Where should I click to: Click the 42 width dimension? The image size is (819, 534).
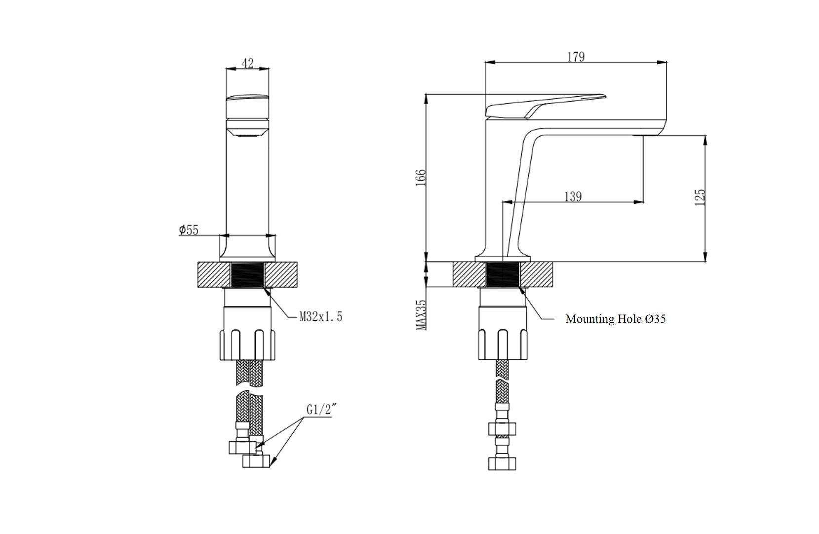point(248,63)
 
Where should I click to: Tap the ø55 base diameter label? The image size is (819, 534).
point(189,229)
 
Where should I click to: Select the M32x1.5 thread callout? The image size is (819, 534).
point(321,316)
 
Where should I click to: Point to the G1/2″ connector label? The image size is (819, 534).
point(321,410)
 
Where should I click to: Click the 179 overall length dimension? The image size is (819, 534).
point(576,57)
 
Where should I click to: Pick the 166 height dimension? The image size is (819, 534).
point(420,178)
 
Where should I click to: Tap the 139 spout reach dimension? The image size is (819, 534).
point(573,196)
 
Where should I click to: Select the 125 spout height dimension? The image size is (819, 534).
point(700,197)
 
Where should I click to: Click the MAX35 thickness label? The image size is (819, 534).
point(421,315)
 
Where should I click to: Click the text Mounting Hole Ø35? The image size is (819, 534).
point(615,319)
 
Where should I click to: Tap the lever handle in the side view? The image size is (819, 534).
point(546,106)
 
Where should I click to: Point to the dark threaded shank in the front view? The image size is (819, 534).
point(247,274)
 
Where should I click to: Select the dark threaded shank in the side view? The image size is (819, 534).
point(503,274)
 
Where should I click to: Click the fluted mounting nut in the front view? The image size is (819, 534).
point(247,334)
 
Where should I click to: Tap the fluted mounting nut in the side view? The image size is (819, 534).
point(503,334)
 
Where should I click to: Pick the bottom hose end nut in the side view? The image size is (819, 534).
point(502,463)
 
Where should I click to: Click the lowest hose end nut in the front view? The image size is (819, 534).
point(256,461)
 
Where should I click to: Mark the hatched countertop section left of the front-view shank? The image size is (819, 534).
point(214,275)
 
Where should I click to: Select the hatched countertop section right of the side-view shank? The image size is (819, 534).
point(536,274)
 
